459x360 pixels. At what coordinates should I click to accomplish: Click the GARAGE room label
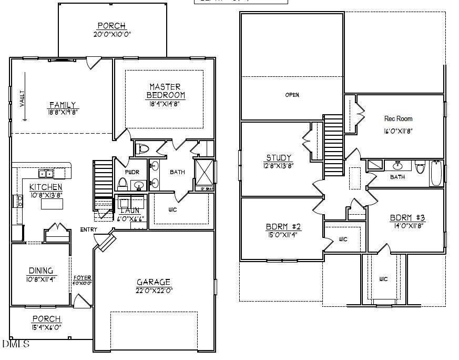[x=154, y=282]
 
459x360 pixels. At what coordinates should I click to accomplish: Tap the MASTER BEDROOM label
[x=165, y=91]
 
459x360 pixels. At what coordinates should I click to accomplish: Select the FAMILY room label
[x=63, y=105]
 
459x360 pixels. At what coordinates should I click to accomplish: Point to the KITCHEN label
[x=46, y=187]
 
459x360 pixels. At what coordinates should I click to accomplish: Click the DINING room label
[x=40, y=271]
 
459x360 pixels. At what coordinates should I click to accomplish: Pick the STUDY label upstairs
[x=279, y=158]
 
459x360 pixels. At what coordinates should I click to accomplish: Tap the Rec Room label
[x=398, y=119]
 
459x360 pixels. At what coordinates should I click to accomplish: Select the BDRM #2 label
[x=283, y=227]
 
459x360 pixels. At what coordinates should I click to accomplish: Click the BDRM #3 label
[x=407, y=218]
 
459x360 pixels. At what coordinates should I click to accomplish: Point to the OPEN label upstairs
[x=292, y=95]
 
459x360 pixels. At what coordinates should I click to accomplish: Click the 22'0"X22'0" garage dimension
[x=154, y=290]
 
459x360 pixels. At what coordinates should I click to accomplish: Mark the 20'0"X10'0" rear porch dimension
[x=111, y=34]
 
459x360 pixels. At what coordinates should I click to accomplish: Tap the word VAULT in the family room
[x=23, y=98]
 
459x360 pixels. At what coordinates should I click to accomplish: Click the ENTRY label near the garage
[x=88, y=229]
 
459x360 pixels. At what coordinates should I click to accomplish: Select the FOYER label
[x=82, y=277]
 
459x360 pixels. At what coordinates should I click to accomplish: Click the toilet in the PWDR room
[x=123, y=184]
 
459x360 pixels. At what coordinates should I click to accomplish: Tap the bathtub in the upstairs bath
[x=436, y=173]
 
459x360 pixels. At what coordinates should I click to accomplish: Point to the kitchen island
[x=52, y=204]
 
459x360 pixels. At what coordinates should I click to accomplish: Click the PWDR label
[x=131, y=172]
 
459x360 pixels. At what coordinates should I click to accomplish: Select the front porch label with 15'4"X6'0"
[x=46, y=319]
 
